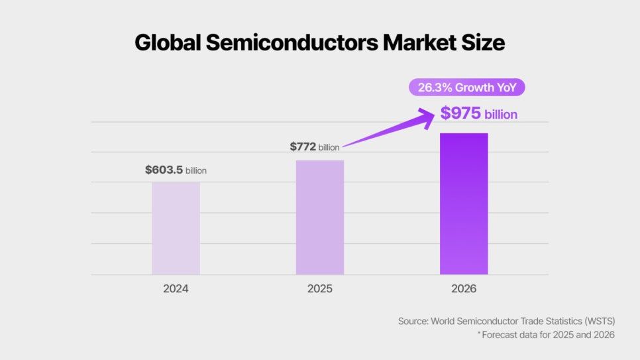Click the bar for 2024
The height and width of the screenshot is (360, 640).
point(176,228)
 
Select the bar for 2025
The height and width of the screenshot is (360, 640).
point(319,217)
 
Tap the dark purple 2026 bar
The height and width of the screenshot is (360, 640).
point(464,204)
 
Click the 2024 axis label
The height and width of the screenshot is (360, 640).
point(176,289)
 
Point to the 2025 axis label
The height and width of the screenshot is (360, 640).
point(319,289)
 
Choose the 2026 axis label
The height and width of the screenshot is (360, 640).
point(464,289)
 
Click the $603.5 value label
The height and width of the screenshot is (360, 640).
point(164,170)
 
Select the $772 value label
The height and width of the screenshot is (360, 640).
point(302,147)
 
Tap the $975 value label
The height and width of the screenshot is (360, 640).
point(460,113)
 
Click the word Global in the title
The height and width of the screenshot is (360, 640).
point(166,42)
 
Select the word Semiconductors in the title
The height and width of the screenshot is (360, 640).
point(292,42)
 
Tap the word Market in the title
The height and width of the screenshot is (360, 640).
point(421,42)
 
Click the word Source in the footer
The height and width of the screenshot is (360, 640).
point(412,321)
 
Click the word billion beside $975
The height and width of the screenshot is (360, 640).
point(501,115)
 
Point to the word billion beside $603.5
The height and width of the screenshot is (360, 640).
point(196,171)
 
